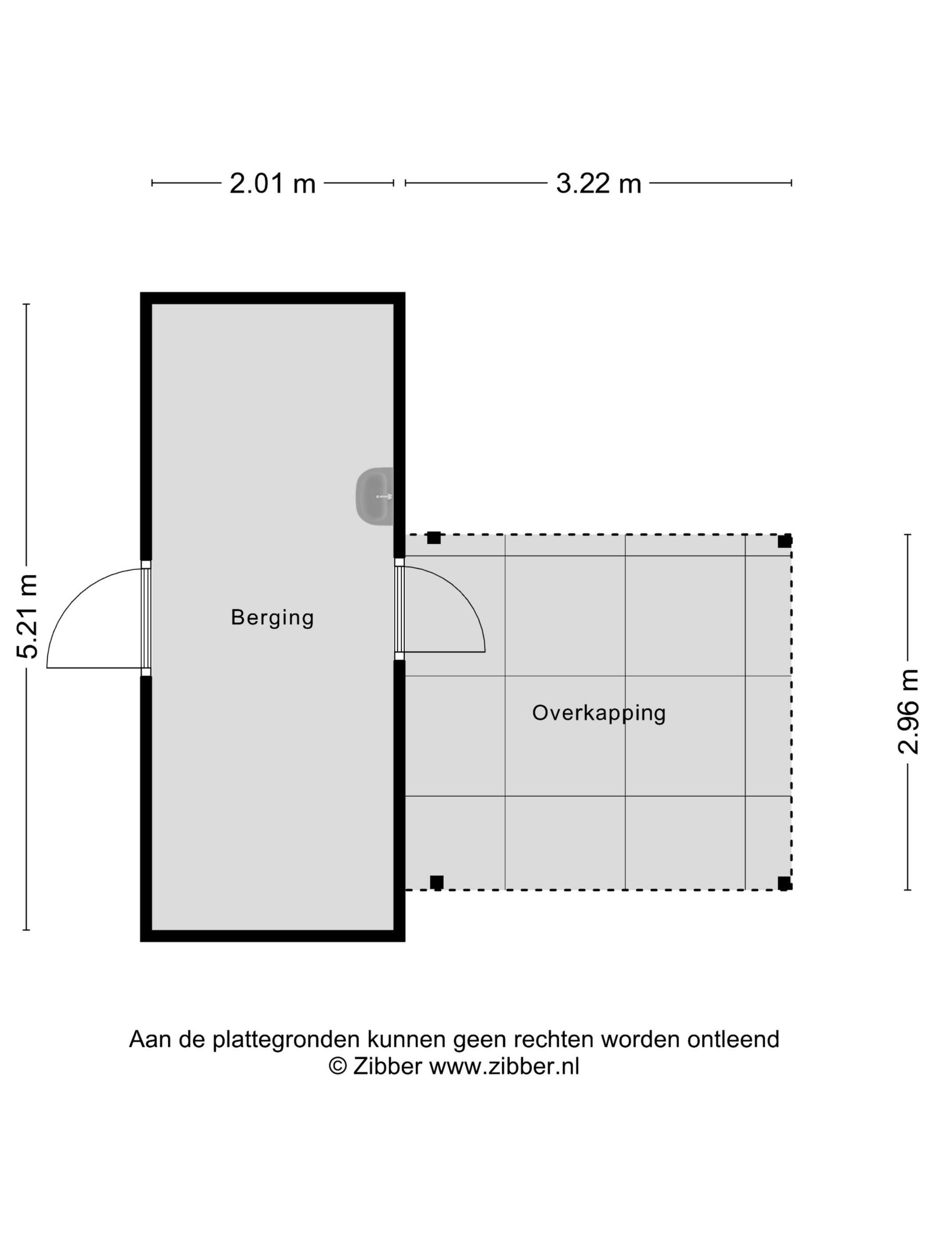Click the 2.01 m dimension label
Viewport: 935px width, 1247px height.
[x=272, y=183]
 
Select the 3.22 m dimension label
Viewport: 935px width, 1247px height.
[x=598, y=183]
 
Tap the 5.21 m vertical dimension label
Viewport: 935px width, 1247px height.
[x=27, y=616]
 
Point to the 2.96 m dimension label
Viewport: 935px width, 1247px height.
[x=908, y=711]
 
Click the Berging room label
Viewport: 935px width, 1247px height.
[x=272, y=617]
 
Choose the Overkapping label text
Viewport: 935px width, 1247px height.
[x=598, y=713]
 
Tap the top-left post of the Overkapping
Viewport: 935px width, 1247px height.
[x=433, y=538]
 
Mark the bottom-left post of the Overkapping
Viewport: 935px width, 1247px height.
[x=436, y=882]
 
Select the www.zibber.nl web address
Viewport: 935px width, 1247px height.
[x=504, y=1067]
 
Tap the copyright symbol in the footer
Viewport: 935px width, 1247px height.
[x=337, y=1067]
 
